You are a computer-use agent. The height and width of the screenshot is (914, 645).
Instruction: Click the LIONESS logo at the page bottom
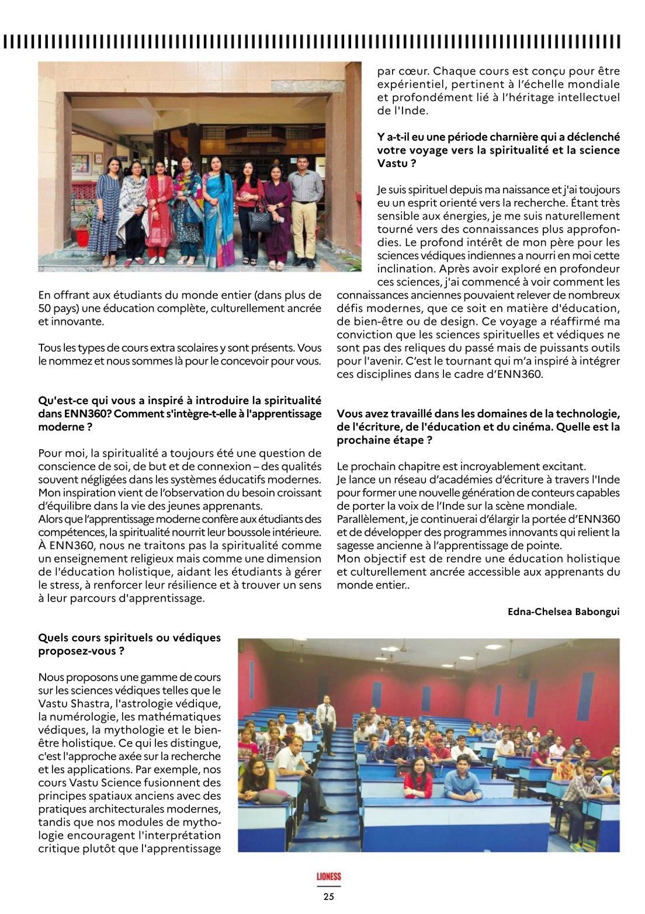328,877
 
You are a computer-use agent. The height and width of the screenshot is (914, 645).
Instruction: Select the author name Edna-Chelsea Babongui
563,611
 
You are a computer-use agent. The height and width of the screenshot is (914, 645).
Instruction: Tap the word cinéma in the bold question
529,427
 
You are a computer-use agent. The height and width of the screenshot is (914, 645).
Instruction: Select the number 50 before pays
45,308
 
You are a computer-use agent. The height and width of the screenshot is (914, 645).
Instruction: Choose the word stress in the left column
68,585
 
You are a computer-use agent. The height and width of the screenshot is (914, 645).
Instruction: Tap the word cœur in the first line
412,71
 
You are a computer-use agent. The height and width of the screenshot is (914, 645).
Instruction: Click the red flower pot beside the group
82,233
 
